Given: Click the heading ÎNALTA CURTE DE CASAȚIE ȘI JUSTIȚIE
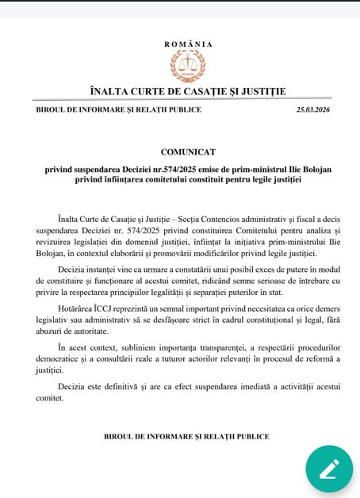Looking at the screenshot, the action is pyautogui.click(x=189, y=92).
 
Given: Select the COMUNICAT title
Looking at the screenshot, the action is pyautogui.click(x=189, y=151).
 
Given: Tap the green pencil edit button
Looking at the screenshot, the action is pyautogui.click(x=329, y=468).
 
